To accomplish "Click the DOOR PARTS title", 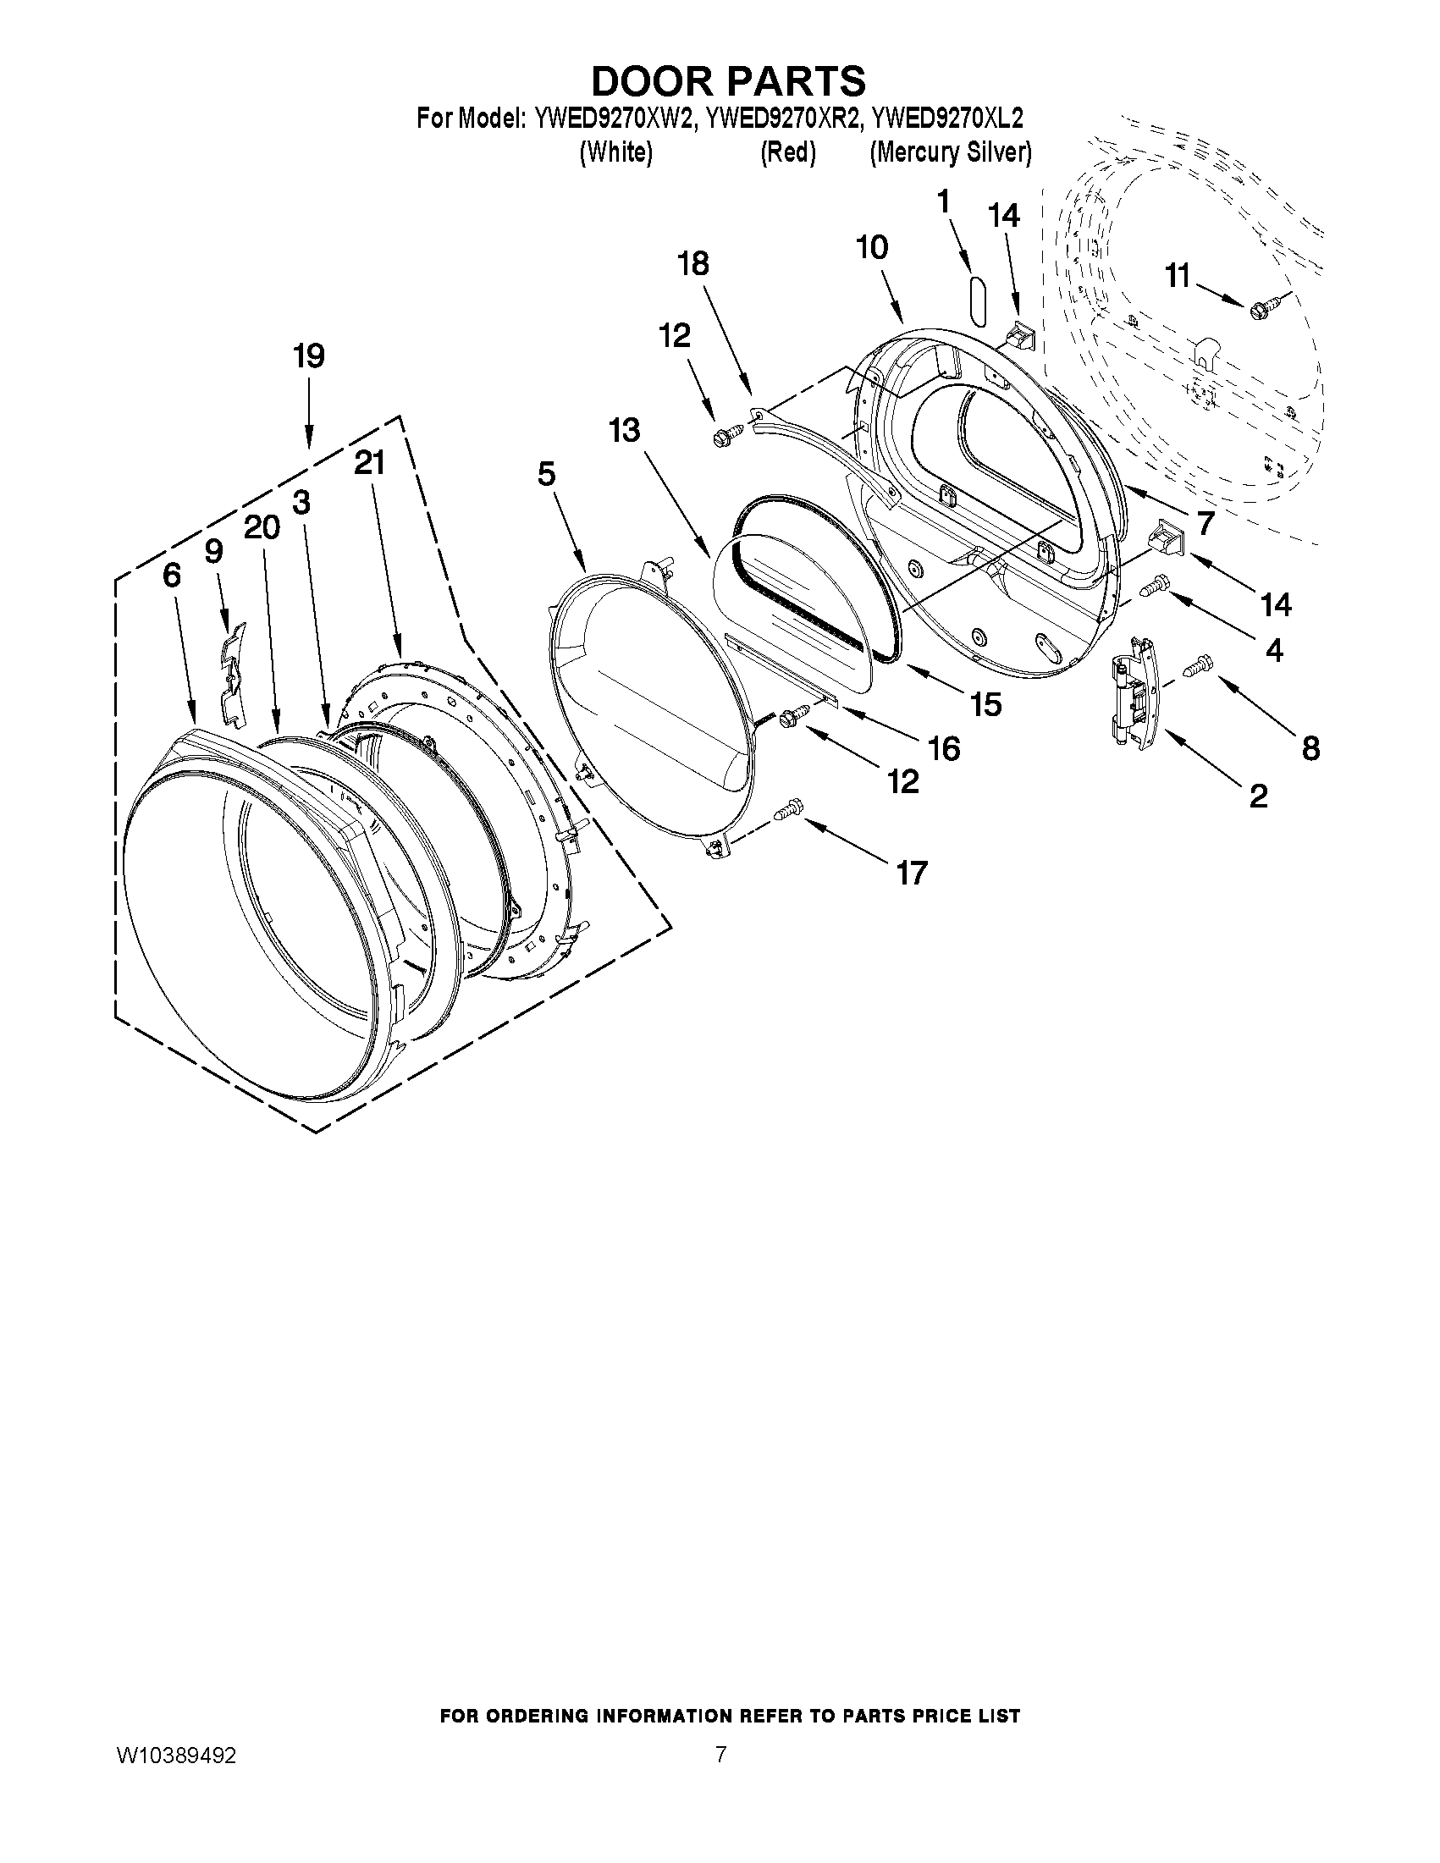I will click(x=728, y=82).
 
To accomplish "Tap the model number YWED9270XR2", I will click(x=780, y=118).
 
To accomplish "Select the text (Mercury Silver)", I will click(x=951, y=153).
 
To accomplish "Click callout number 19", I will click(x=309, y=356).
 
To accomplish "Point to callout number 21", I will click(x=369, y=463).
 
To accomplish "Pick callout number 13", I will click(x=625, y=430).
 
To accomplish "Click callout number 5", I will click(x=546, y=474).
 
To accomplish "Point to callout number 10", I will click(x=872, y=247).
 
